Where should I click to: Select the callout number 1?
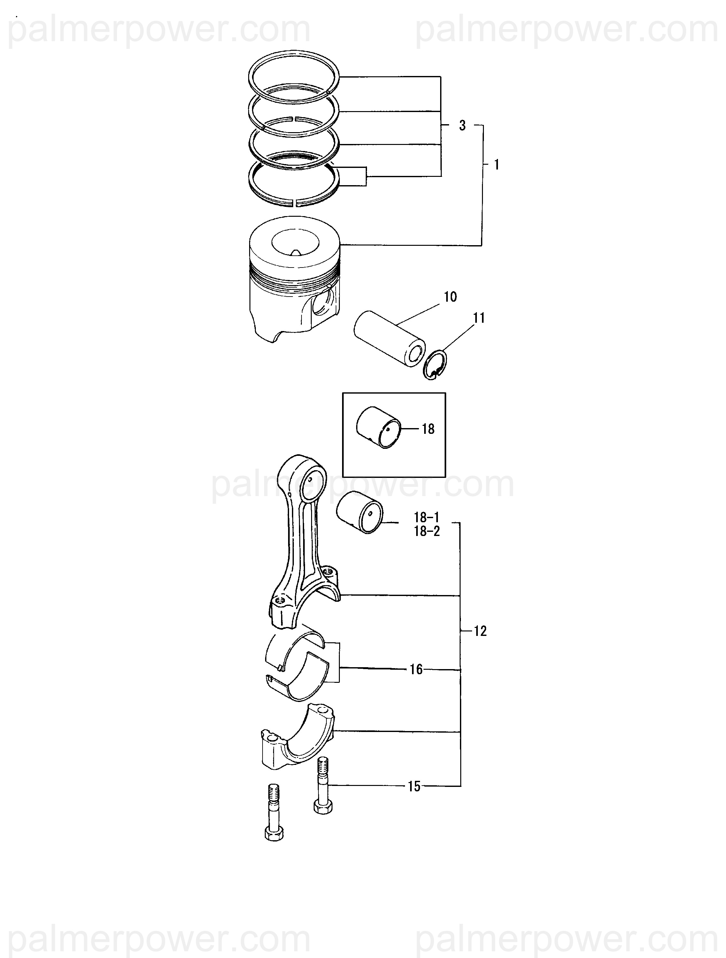(497, 165)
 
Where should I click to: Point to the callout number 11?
(478, 318)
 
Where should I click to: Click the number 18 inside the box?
(428, 429)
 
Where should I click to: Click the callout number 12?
(480, 631)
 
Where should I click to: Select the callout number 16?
(416, 669)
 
